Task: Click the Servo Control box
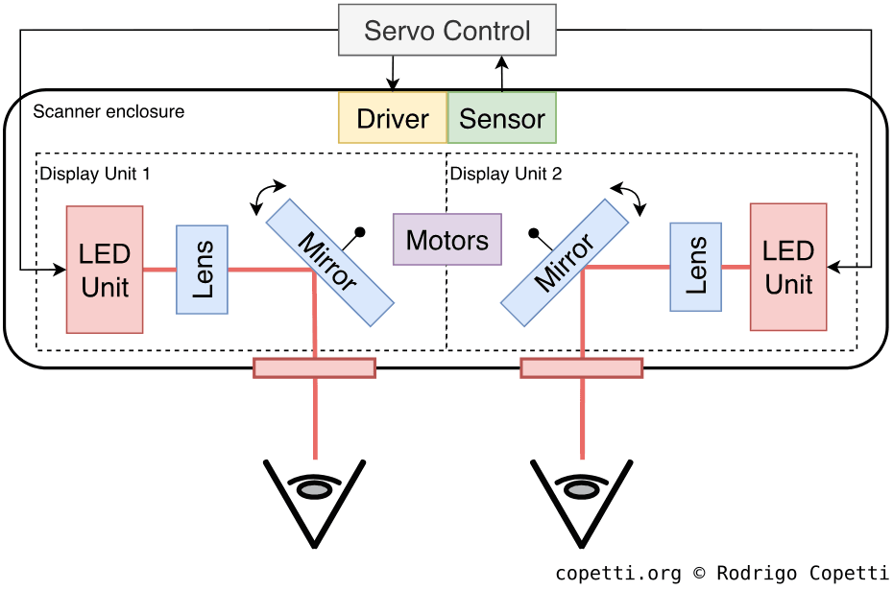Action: (447, 30)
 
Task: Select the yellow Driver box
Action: (393, 118)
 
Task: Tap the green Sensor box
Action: (502, 118)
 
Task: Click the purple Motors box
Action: (447, 240)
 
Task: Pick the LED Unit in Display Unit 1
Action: (105, 270)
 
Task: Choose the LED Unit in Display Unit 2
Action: (788, 267)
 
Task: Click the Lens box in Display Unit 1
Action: (202, 270)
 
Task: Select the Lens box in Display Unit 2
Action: (695, 267)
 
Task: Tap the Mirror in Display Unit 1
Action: (329, 262)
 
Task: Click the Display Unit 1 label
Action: (95, 174)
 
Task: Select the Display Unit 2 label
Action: (506, 174)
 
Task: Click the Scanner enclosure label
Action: (109, 111)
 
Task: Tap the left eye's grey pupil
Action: (314, 489)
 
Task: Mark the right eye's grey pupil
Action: (581, 489)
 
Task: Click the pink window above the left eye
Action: (314, 367)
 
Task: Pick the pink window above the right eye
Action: (581, 367)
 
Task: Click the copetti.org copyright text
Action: (722, 573)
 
